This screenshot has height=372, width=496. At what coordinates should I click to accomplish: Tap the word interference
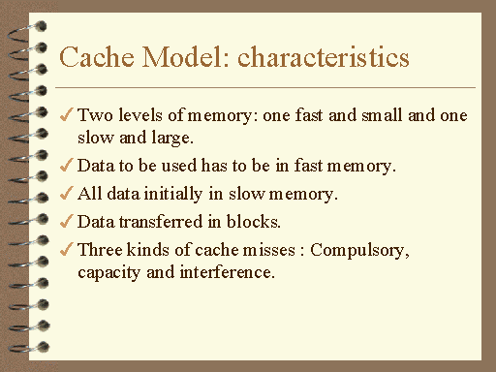tap(228, 273)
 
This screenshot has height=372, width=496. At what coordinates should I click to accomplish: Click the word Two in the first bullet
tap(93, 115)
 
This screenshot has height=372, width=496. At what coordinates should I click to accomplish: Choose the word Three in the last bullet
tap(99, 250)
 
